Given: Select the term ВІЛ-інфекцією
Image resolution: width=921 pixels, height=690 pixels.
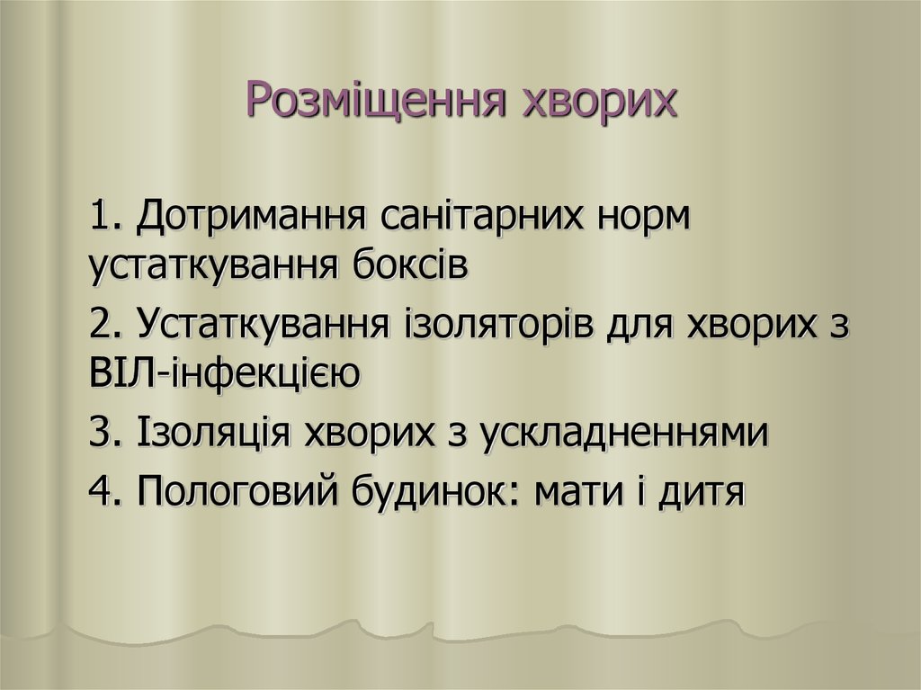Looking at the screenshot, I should pyautogui.click(x=226, y=372).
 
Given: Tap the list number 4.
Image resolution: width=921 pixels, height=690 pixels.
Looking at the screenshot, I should pyautogui.click(x=106, y=492).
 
